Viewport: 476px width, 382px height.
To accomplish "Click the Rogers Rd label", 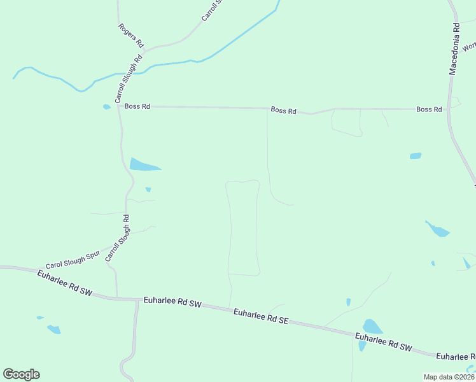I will pos(131,36).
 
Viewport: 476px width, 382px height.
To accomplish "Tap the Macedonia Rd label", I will pos(454,50).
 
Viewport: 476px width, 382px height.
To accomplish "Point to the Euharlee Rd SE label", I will pos(261,316).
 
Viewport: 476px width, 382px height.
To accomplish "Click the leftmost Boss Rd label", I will pos(137,106).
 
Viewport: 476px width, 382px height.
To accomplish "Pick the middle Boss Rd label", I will pos(283,110).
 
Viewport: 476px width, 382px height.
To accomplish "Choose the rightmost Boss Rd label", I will pos(429,110).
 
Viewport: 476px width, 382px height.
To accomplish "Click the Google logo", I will pos(21,374).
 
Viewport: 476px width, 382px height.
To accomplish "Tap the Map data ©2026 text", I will pos(449,377).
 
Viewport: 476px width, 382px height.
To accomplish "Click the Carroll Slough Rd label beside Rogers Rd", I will pos(127,80).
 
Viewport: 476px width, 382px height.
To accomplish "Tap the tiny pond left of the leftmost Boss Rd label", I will pos(106,107).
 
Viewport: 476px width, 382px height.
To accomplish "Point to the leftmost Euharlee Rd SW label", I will pos(64,284).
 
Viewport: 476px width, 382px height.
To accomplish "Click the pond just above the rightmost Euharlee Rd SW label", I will pos(372,327).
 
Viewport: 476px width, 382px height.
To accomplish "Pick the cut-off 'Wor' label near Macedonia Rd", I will pos(470,46).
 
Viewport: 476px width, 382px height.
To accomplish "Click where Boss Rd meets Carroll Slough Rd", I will pos(119,106).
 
